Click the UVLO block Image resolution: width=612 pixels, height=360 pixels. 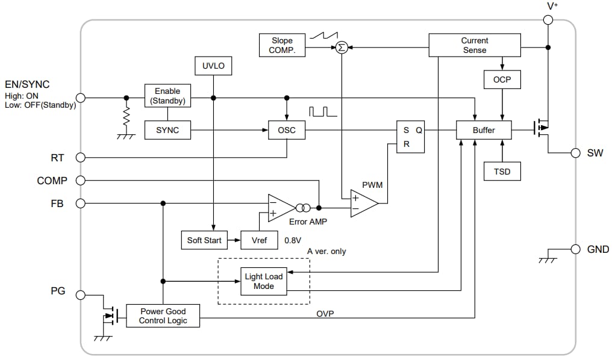pos(213,66)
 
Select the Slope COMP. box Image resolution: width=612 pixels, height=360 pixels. pos(282,46)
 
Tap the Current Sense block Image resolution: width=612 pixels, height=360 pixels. pos(474,46)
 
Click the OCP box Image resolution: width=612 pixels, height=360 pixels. pos(501,79)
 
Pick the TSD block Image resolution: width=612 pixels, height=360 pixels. pos(501,172)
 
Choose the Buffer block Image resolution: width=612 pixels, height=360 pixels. pos(484,130)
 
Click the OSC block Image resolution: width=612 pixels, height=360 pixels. pos(286,130)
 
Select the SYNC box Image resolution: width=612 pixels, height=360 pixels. pos(167,130)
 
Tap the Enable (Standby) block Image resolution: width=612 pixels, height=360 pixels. pos(167,96)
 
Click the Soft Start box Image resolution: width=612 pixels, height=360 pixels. pos(204,240)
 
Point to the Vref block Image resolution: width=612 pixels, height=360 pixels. pos(259,240)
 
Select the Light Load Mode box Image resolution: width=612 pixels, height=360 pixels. pos(263,282)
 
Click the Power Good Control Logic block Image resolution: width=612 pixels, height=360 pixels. pos(163,316)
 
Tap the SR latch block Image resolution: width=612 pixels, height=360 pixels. pos(410,137)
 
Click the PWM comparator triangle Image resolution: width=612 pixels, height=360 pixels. pos(363,203)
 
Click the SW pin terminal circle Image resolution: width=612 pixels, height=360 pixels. pos(575,153)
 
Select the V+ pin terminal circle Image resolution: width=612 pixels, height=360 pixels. pos(548,20)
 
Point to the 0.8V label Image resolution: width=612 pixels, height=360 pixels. pos(293,240)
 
